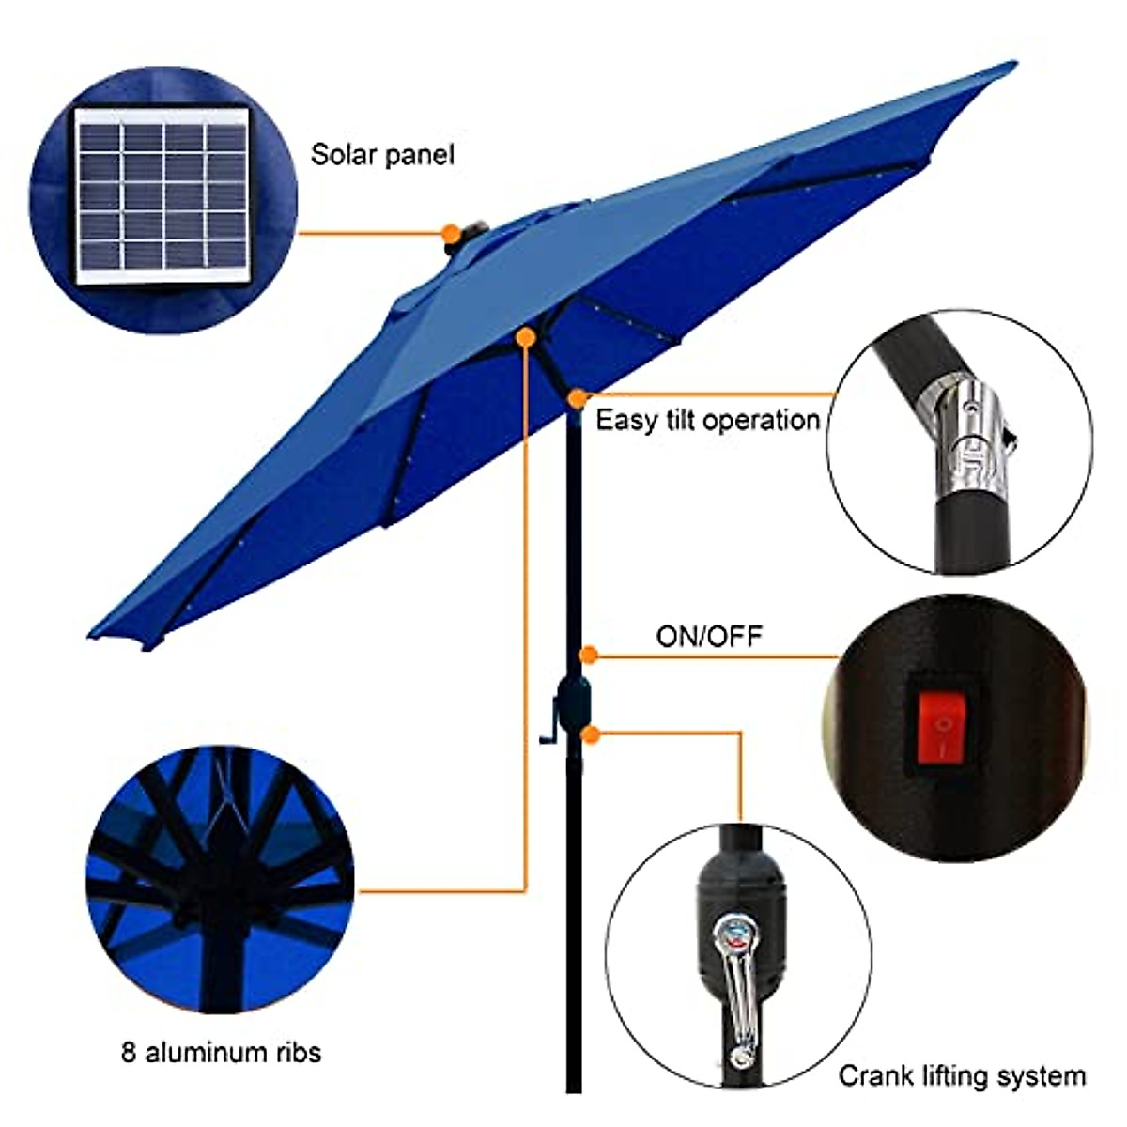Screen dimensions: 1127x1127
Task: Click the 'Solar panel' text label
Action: point(382,154)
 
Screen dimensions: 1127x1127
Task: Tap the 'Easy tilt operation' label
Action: point(707,420)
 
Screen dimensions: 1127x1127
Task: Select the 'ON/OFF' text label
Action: point(709,636)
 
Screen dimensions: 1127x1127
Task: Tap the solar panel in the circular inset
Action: point(162,197)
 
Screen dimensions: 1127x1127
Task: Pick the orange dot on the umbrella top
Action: point(452,231)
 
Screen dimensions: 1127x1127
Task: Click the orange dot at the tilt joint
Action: point(578,398)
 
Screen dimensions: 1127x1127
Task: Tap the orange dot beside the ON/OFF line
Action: point(589,655)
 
